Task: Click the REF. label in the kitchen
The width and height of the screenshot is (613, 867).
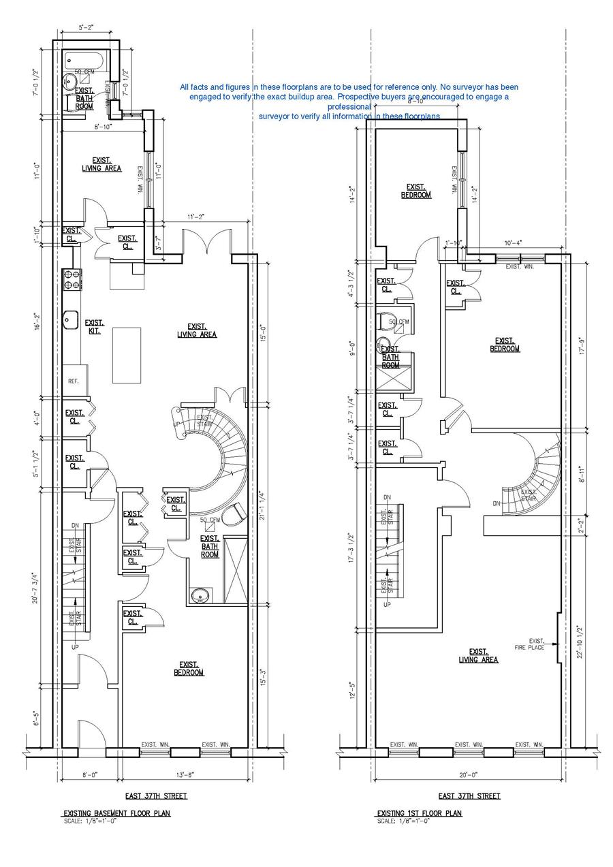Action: (73, 381)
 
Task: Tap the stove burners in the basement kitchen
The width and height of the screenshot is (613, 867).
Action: (72, 279)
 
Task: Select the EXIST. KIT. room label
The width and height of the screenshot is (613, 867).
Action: (94, 327)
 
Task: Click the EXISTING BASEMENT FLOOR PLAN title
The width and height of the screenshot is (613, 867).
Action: (116, 813)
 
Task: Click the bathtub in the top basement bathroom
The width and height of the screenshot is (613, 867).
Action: (84, 61)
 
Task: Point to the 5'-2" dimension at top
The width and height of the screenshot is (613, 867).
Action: (86, 29)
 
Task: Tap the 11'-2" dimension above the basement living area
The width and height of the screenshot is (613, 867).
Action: (195, 217)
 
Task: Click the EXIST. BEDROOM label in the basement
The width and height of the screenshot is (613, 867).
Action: (189, 669)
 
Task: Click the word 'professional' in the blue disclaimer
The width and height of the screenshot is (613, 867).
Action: (349, 107)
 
